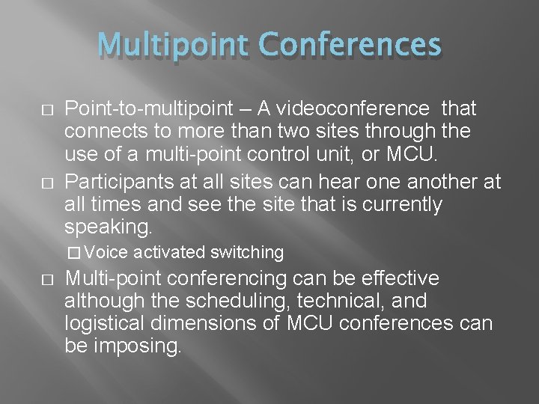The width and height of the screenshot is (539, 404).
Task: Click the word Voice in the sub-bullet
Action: click(x=113, y=253)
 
